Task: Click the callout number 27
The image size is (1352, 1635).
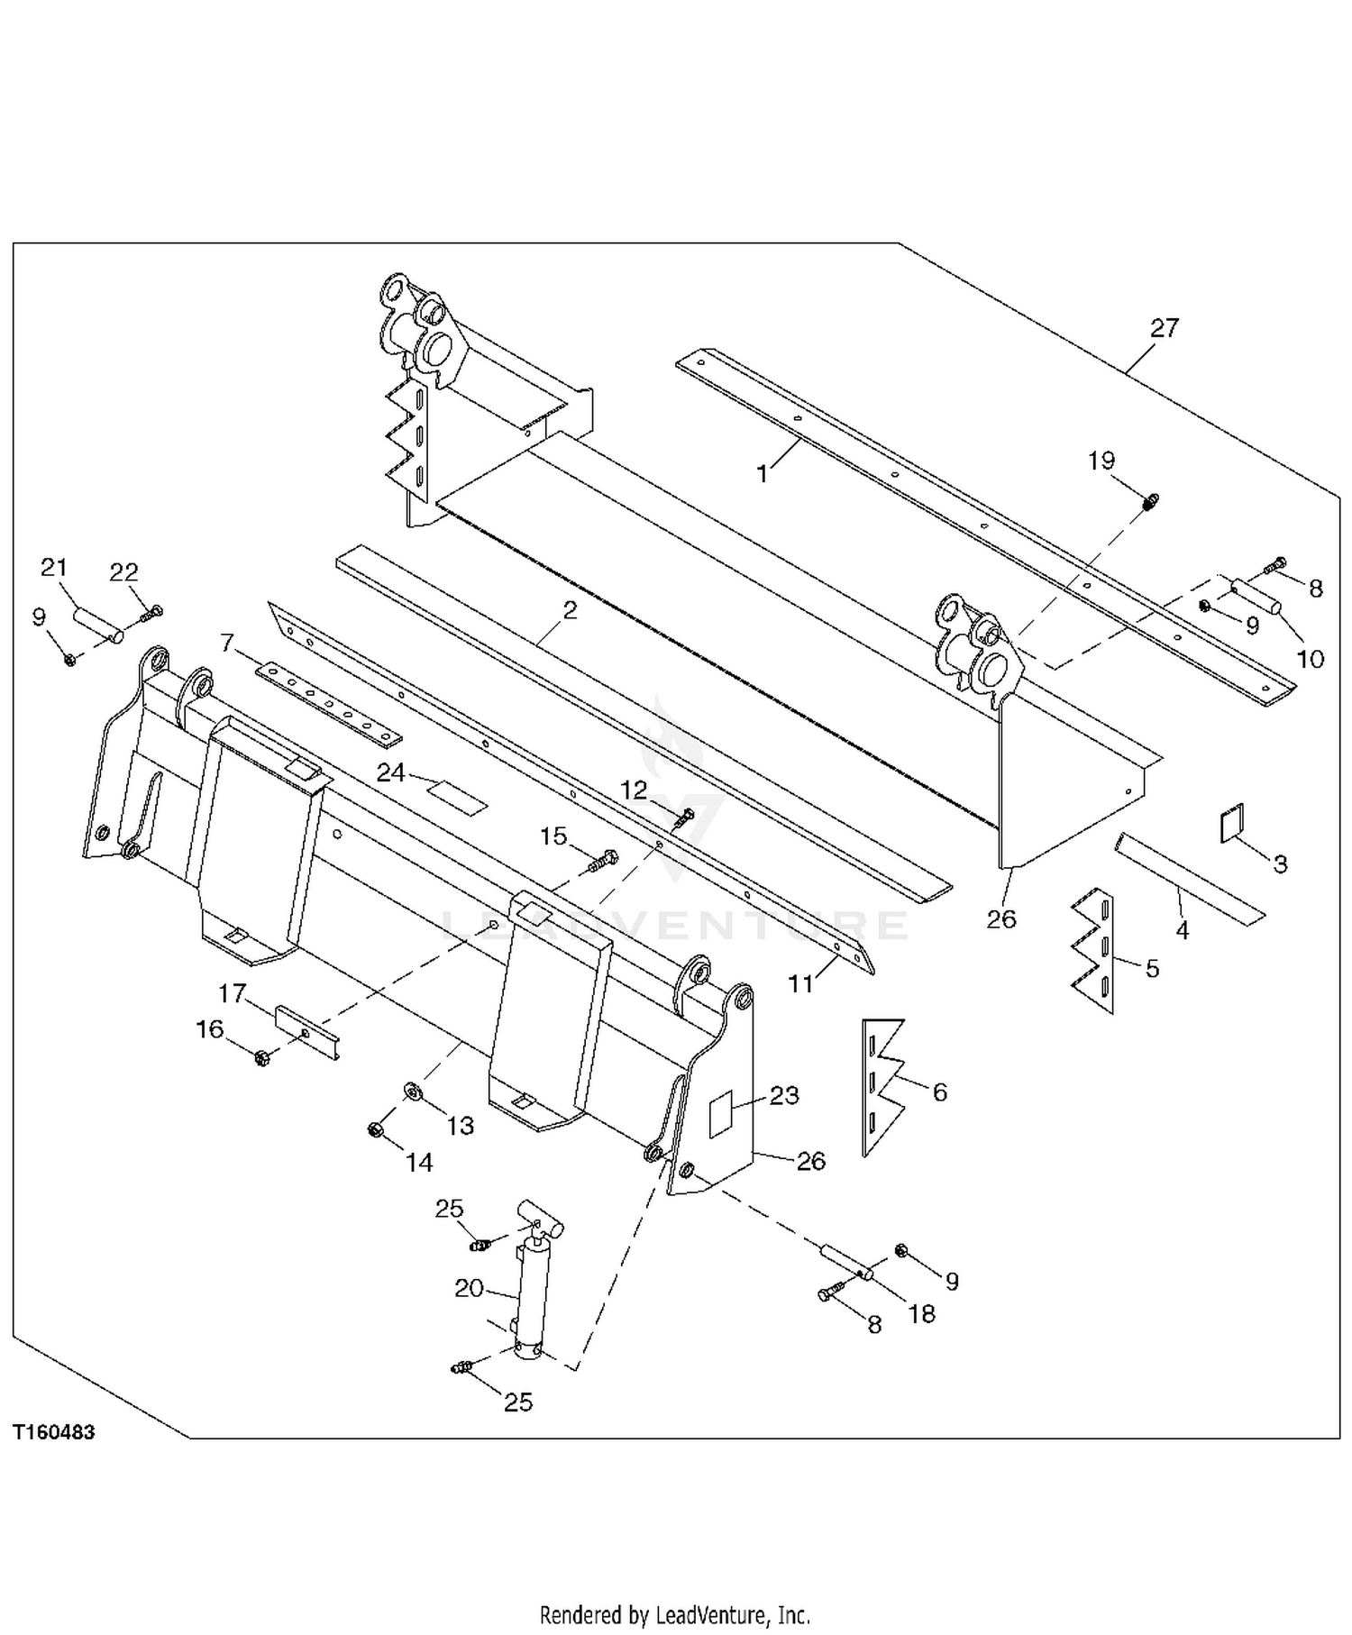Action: coord(1164,327)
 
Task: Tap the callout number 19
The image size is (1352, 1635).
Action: coord(1101,461)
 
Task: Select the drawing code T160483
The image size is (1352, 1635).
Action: coord(54,1432)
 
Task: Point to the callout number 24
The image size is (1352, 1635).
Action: coord(390,772)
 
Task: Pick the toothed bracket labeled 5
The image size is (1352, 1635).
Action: coord(1093,950)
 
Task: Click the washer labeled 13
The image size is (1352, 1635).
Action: coord(414,1092)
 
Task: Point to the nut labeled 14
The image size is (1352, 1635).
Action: coord(377,1128)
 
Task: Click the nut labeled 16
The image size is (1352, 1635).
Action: coord(261,1056)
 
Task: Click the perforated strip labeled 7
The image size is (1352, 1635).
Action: coord(329,704)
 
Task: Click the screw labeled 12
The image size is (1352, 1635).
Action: coord(685,817)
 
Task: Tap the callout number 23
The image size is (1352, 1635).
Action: coord(784,1095)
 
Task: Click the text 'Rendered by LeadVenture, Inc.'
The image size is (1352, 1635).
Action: coord(674,1612)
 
